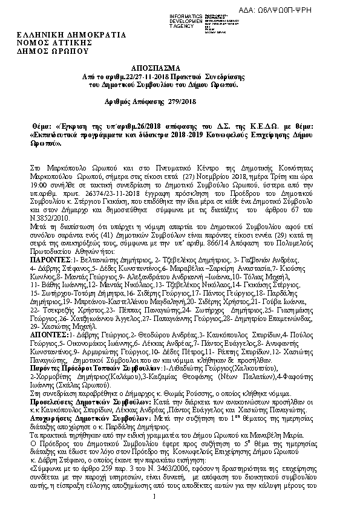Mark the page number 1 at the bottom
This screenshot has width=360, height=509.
tap(155, 497)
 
